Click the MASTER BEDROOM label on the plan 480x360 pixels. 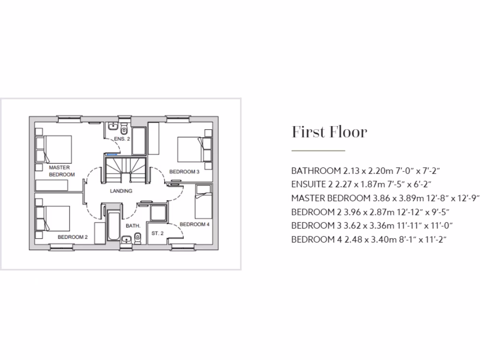click(61, 171)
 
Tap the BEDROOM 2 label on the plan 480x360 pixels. click(73, 237)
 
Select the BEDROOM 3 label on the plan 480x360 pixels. click(184, 172)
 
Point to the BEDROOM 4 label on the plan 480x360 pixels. click(195, 225)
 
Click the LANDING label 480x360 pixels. click(121, 191)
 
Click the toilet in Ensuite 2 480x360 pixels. click(124, 128)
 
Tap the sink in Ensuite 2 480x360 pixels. click(112, 126)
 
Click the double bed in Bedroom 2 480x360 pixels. click(52, 219)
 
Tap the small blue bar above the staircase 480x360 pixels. click(112, 154)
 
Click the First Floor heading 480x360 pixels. click(329, 132)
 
